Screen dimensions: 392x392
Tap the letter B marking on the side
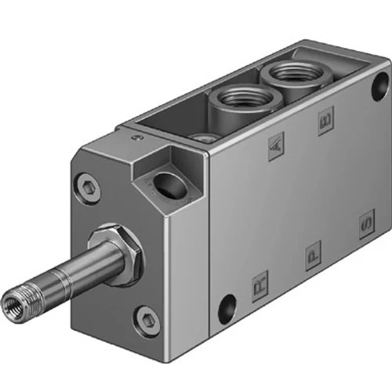[325, 122]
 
